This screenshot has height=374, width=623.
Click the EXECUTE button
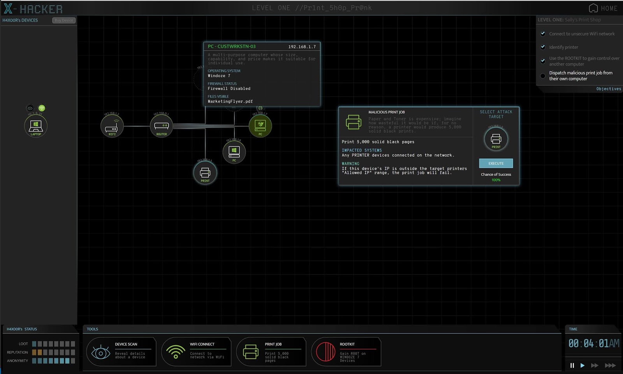(x=496, y=163)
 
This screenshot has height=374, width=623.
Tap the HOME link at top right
(x=603, y=8)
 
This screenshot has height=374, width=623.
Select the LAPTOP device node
(x=36, y=126)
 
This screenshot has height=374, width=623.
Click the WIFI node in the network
(x=112, y=126)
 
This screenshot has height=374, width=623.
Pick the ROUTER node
(x=161, y=126)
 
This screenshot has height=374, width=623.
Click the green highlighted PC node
(x=260, y=126)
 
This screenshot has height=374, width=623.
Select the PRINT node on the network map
(x=205, y=173)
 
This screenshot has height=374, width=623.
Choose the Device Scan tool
(x=121, y=352)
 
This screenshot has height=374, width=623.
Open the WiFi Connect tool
(x=196, y=352)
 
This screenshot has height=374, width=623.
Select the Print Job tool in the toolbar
(x=271, y=352)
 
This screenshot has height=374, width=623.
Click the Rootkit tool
(x=346, y=352)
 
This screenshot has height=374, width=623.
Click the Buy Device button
(x=64, y=20)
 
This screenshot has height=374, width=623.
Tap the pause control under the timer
(x=572, y=365)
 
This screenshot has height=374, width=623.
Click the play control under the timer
(x=583, y=365)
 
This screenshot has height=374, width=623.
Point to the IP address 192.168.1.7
(x=302, y=47)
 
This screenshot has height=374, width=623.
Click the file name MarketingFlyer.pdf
(x=230, y=101)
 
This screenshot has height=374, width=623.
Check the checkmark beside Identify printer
(x=543, y=47)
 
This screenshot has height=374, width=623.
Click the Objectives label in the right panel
(x=609, y=89)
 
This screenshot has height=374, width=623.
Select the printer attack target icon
(x=496, y=139)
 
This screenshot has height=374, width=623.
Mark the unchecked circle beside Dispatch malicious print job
(x=543, y=76)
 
